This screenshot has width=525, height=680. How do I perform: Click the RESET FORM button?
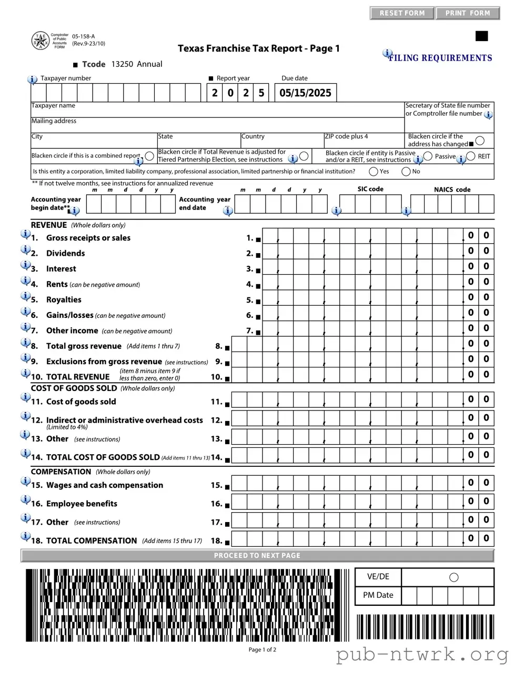pos(402,13)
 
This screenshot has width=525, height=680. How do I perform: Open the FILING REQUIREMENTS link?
pos(440,58)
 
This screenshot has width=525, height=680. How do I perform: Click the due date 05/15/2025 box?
pos(305,93)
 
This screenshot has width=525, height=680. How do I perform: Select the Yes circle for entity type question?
pos(373,172)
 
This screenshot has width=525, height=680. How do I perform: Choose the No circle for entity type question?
pos(406,172)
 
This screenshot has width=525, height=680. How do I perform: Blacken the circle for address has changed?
pos(480,141)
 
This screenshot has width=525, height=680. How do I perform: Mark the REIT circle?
pos(471,156)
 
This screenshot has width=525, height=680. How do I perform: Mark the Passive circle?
pos(428,156)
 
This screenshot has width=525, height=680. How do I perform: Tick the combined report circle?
pos(149,156)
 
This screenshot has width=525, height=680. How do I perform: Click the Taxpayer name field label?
pos(53,106)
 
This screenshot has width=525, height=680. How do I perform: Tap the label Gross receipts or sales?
pos(88,238)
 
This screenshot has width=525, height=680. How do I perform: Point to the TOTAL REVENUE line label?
pos(77,377)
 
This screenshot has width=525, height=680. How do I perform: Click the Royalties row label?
pos(64,300)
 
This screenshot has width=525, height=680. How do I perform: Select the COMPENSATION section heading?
pos(61,472)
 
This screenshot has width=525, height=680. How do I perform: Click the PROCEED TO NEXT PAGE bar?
pos(257,555)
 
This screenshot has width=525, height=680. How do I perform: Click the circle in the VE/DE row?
pos(454,577)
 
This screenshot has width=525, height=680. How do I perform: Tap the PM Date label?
pos(378,595)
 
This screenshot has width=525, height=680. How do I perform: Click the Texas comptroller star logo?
pos(41,41)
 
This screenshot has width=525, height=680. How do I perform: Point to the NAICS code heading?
pos(452,189)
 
